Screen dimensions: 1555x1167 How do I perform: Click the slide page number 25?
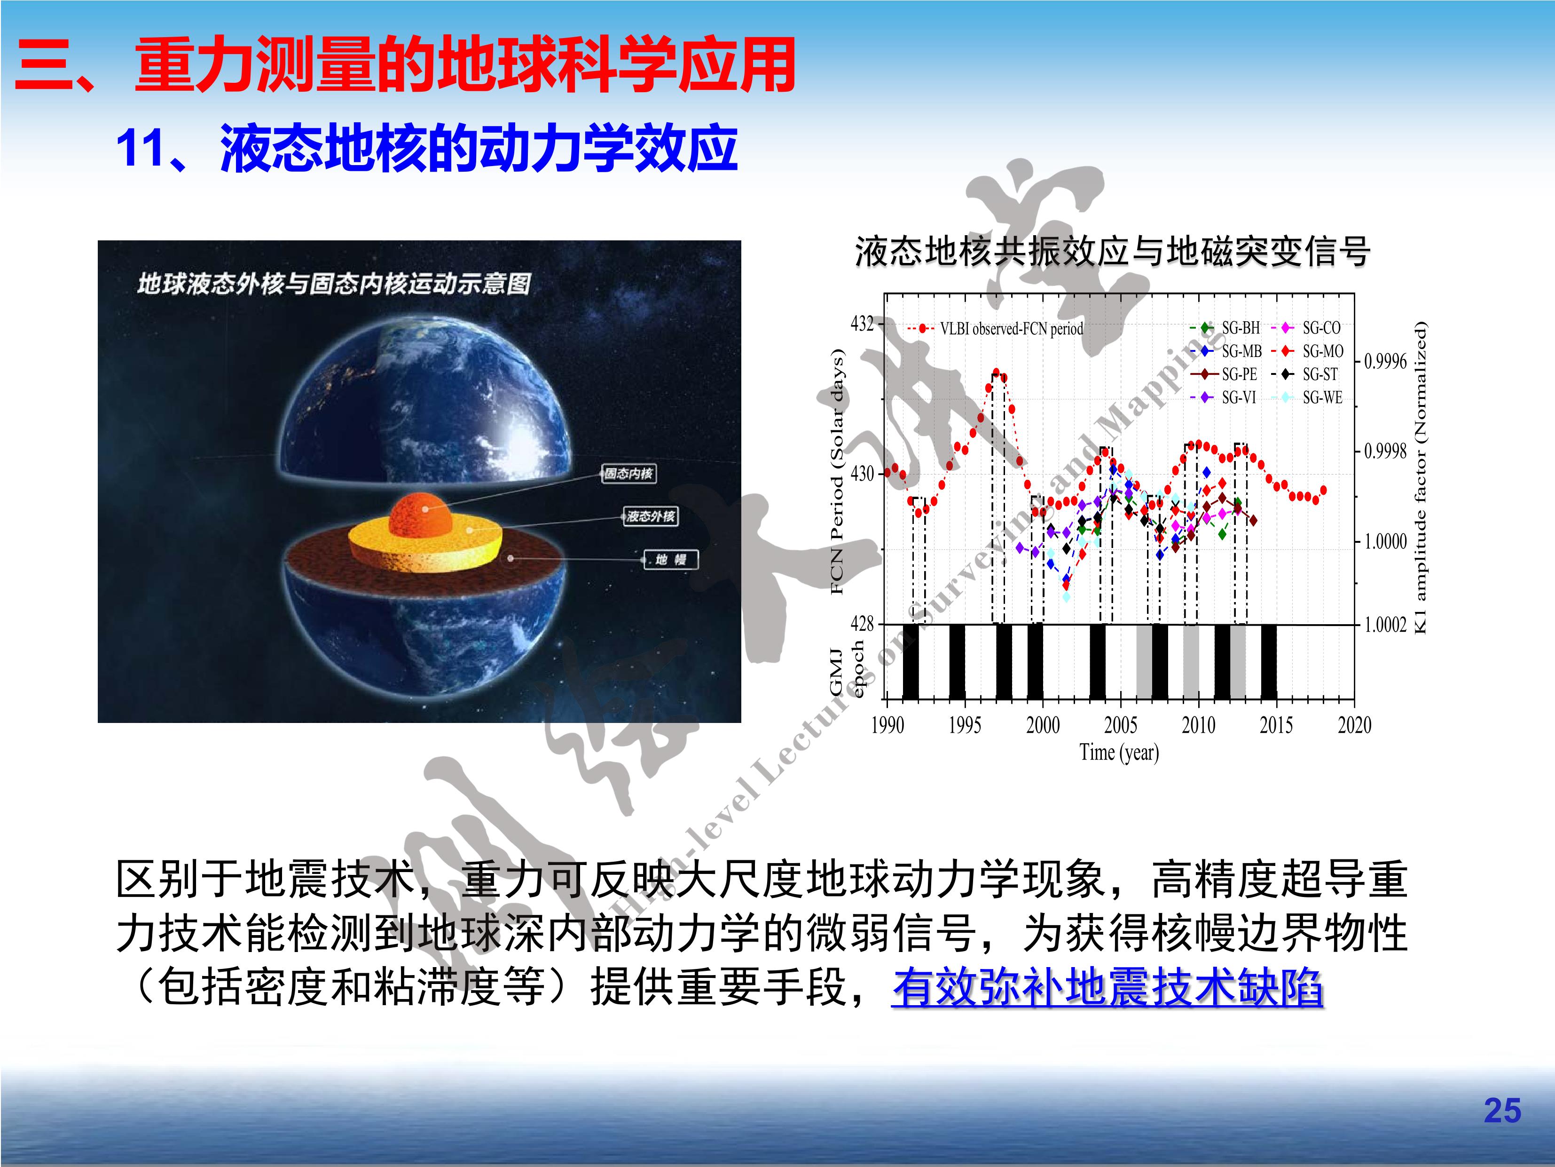click(x=1502, y=1111)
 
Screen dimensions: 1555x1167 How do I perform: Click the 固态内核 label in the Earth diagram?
click(x=628, y=473)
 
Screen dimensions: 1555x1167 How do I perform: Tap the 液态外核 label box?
click(x=650, y=516)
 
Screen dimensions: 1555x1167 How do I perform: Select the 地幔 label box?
click(x=671, y=559)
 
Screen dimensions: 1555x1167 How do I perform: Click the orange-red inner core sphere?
click(x=422, y=515)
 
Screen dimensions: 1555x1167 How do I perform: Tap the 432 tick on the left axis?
click(x=862, y=324)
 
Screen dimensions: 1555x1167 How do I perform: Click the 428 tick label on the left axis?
click(x=862, y=624)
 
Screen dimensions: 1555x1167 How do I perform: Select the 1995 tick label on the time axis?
click(x=965, y=724)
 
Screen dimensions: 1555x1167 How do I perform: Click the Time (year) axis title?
click(x=1119, y=753)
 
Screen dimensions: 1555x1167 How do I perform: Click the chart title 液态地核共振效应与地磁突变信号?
click(x=1112, y=251)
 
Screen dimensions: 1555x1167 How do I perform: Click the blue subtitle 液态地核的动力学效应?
click(x=479, y=149)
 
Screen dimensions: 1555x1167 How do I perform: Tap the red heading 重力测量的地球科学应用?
click(x=465, y=65)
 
